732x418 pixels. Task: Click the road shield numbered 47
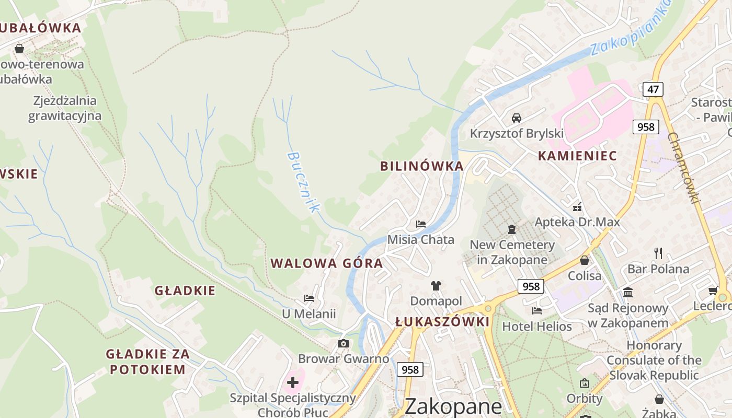[653, 89]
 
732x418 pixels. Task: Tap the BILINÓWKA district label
[421, 166]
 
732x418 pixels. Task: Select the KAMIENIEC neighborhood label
[577, 156]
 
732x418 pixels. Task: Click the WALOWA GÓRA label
[327, 263]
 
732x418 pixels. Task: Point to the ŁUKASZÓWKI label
[442, 322]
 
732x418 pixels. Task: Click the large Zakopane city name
[453, 406]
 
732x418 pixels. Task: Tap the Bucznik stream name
[303, 181]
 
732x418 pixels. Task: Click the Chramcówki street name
[684, 168]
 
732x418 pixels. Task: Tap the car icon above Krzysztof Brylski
[517, 118]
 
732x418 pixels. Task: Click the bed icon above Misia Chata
[420, 224]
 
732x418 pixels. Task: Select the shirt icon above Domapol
[436, 285]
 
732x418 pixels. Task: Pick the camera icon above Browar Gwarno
[344, 343]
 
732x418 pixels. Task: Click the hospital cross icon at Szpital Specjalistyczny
[293, 382]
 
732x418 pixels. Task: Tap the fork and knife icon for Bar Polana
[658, 253]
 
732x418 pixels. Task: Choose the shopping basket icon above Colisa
[585, 260]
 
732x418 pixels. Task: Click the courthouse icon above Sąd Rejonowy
[628, 292]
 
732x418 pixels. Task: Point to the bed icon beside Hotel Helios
[536, 311]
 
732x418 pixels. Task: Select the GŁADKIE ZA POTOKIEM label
[147, 362]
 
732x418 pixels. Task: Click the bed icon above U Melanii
[309, 298]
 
